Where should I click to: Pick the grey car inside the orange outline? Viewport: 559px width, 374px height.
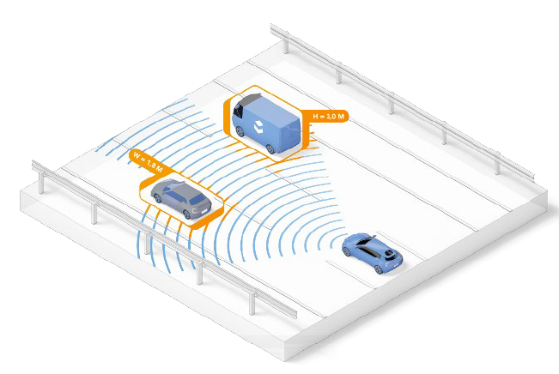point(179,200)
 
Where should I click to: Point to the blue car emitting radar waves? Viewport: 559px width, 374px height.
point(372,252)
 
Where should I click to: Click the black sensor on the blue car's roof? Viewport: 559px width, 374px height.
point(391,254)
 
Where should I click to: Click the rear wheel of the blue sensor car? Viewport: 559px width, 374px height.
point(380,268)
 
